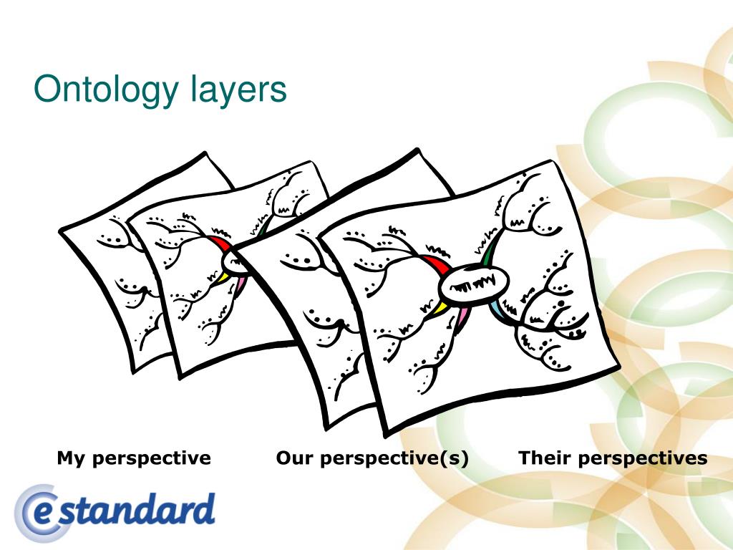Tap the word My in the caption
tap(71, 458)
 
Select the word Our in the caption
tap(294, 458)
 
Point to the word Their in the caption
tap(544, 458)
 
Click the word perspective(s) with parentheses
tap(394, 458)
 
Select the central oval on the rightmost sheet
tap(475, 280)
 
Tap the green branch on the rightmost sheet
tap(489, 254)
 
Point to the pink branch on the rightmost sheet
tap(461, 315)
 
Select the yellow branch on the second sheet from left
tap(223, 275)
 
